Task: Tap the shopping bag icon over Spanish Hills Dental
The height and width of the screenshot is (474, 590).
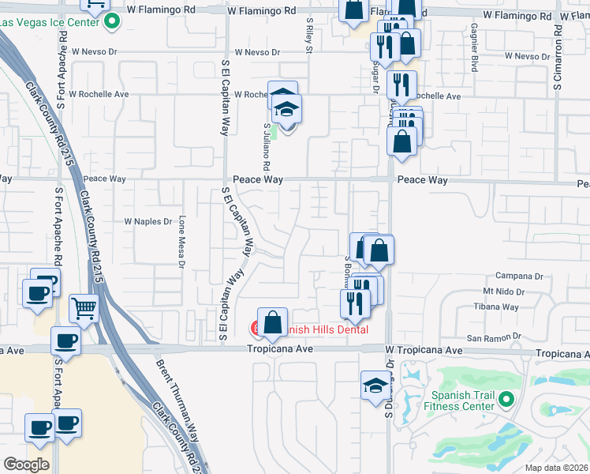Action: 272,322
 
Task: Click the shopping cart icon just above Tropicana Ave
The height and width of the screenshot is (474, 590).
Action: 84,308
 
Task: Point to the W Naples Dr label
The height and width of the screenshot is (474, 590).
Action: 148,222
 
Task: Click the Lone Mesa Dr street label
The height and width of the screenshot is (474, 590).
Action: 181,243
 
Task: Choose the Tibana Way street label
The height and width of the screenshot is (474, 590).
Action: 496,307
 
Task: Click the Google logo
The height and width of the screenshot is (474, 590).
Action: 26,465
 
